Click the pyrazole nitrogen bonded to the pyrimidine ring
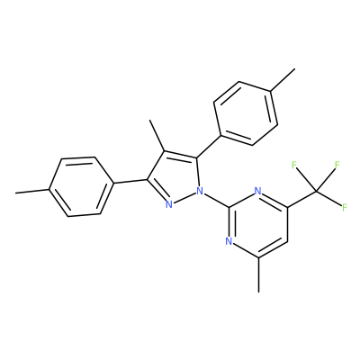[x=200, y=190]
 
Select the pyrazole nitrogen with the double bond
[x=169, y=205]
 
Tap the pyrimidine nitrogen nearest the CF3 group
[x=257, y=190]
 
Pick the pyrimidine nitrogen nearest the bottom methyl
[x=229, y=241]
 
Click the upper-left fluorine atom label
[x=294, y=165]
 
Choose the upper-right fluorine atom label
[x=337, y=165]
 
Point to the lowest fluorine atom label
[x=345, y=207]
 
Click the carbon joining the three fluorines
[x=316, y=191]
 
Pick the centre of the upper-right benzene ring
[x=246, y=113]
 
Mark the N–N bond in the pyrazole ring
[x=184, y=198]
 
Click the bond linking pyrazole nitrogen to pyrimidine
[x=216, y=199]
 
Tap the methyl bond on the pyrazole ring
[x=157, y=135]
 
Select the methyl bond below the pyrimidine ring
[x=258, y=274]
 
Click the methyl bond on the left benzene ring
[x=31, y=191]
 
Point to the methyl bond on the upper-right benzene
[x=283, y=79]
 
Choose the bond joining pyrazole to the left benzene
[x=130, y=181]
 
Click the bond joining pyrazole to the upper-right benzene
[x=209, y=147]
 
